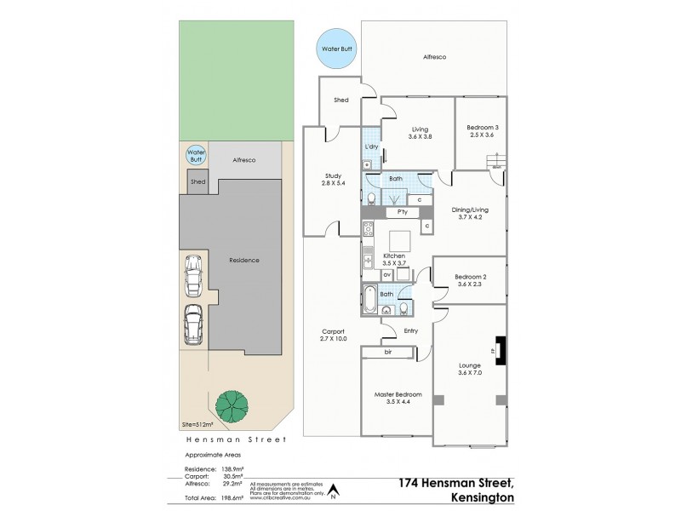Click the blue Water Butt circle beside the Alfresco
click(335, 49)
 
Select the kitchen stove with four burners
click(369, 228)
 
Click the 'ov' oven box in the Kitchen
click(386, 274)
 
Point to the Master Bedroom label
click(397, 398)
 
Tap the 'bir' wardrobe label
click(388, 351)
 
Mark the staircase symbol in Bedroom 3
click(495, 162)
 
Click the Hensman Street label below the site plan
click(236, 439)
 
